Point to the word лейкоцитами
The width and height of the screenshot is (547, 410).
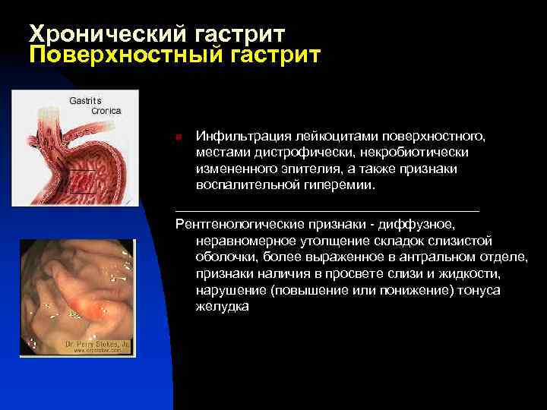coord(323,136)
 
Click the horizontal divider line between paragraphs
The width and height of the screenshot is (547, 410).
coord(327,209)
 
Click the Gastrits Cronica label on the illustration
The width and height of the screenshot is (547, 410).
coord(96,106)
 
